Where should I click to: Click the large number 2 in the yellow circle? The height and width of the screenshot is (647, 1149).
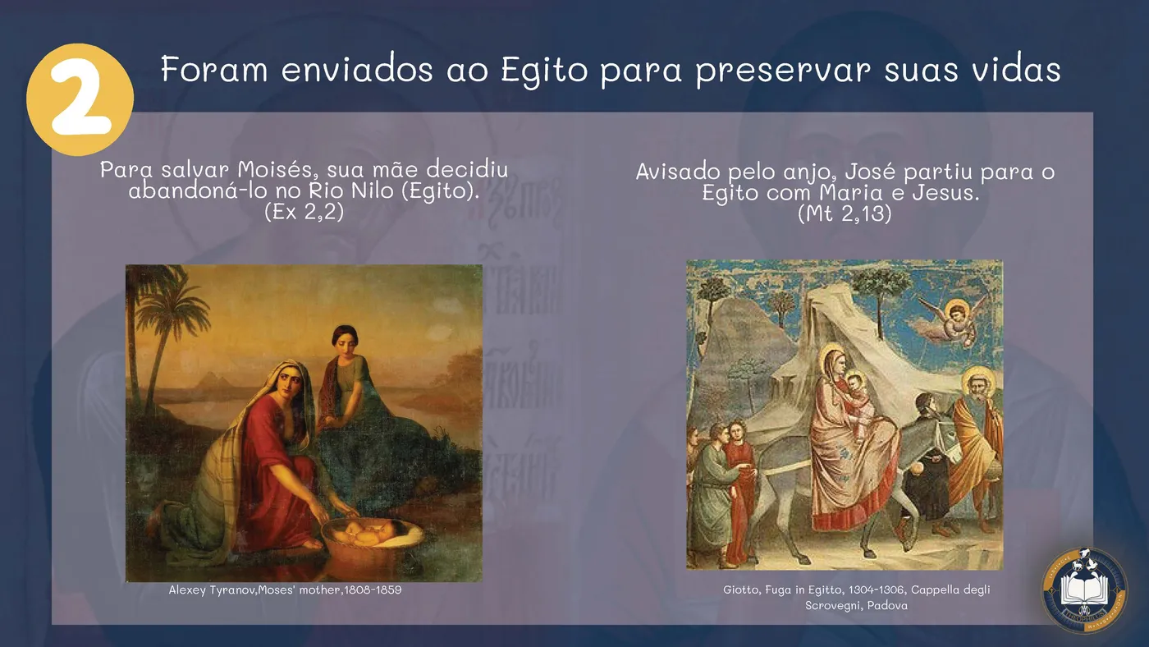tap(81, 97)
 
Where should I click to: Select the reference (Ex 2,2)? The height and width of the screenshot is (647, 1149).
tap(304, 211)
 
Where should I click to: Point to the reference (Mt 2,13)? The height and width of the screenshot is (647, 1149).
tap(845, 213)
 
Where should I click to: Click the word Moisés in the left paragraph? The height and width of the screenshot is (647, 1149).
tap(279, 169)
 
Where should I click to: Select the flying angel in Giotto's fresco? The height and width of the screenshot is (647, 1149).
tap(950, 321)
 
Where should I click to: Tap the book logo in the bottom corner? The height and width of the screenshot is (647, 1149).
tap(1084, 590)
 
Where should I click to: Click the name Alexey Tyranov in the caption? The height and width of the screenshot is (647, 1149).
tap(213, 590)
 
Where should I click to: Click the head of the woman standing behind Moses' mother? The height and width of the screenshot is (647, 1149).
tap(346, 341)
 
